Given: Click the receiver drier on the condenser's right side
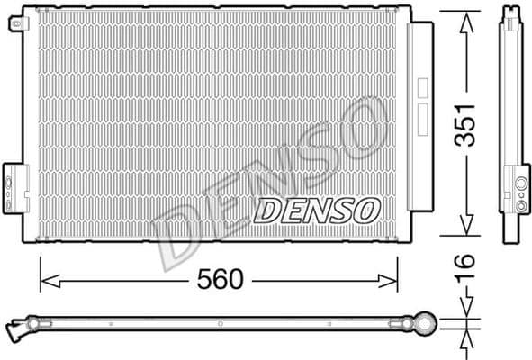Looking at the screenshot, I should [x=419, y=117].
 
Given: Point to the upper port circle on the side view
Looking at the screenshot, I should [x=521, y=185].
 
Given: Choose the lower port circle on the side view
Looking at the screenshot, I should [x=521, y=203].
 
